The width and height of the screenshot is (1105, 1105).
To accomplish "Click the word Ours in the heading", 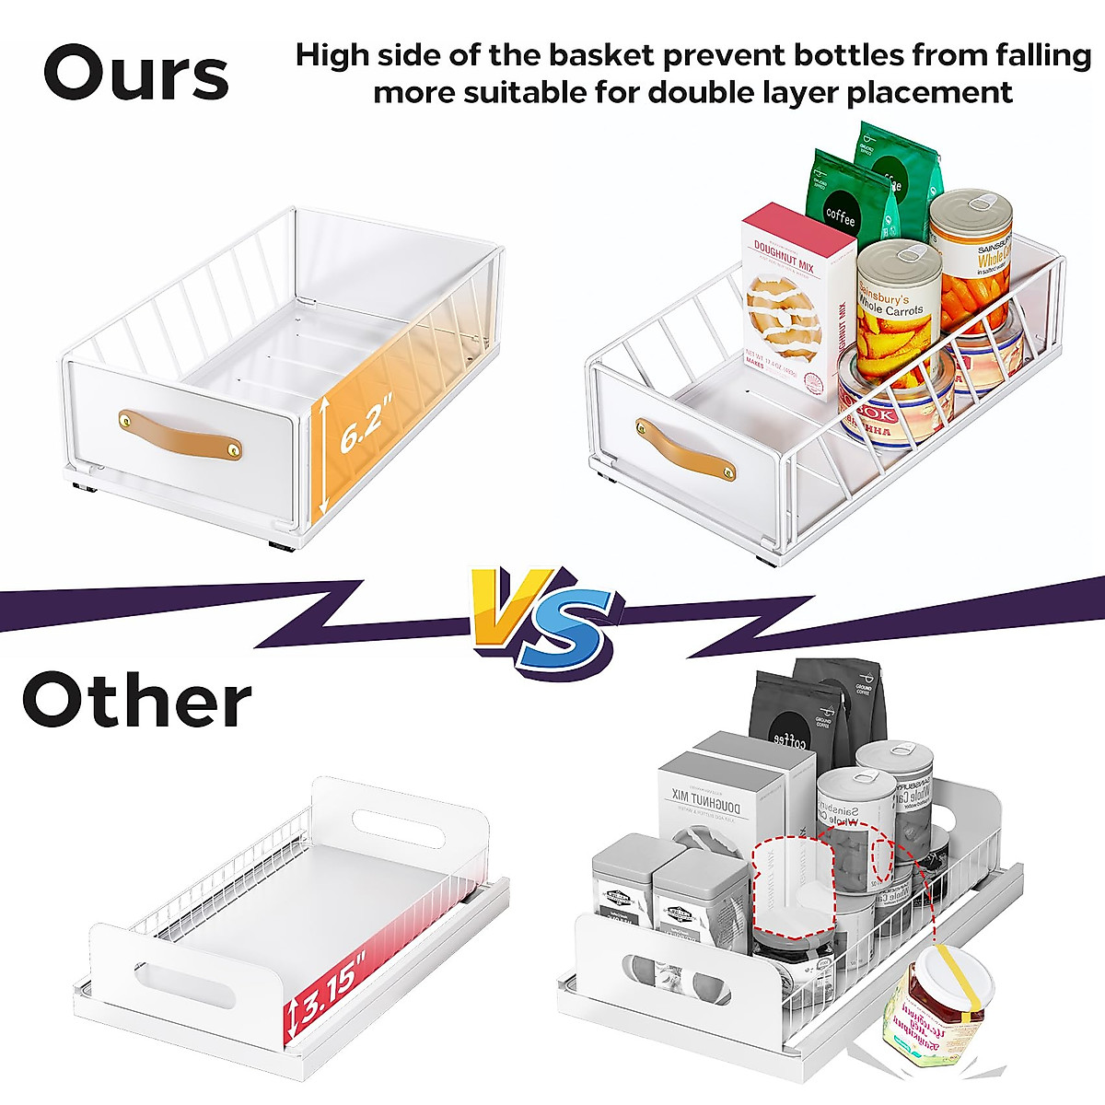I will coord(136,73).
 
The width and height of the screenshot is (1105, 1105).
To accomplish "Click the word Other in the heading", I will coord(136,701).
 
